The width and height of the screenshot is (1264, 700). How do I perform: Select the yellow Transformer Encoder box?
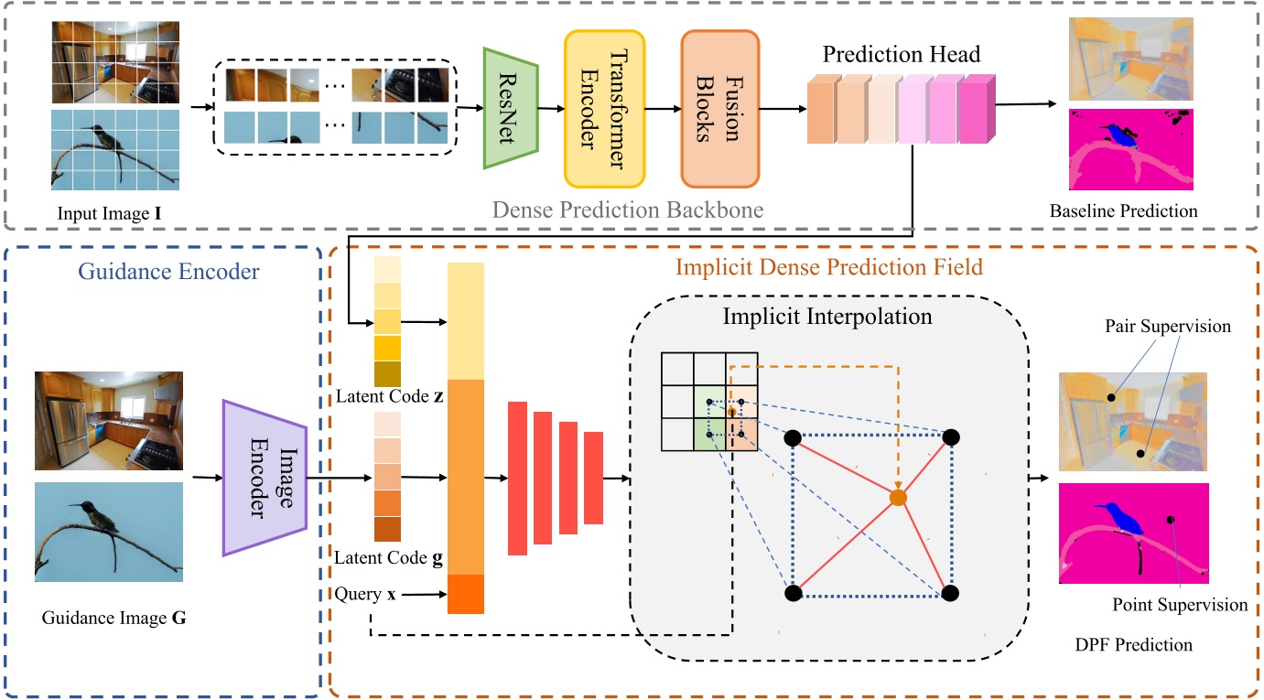[x=604, y=108]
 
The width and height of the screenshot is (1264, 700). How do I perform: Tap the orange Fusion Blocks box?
[x=719, y=108]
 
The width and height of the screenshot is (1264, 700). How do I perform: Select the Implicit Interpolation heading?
[x=826, y=318]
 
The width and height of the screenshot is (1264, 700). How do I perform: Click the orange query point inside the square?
[x=899, y=497]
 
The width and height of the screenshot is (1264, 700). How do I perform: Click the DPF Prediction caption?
[x=1133, y=645]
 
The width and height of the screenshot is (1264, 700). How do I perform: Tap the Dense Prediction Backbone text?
[x=627, y=211]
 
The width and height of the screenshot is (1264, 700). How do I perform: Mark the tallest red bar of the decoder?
[x=517, y=478]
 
